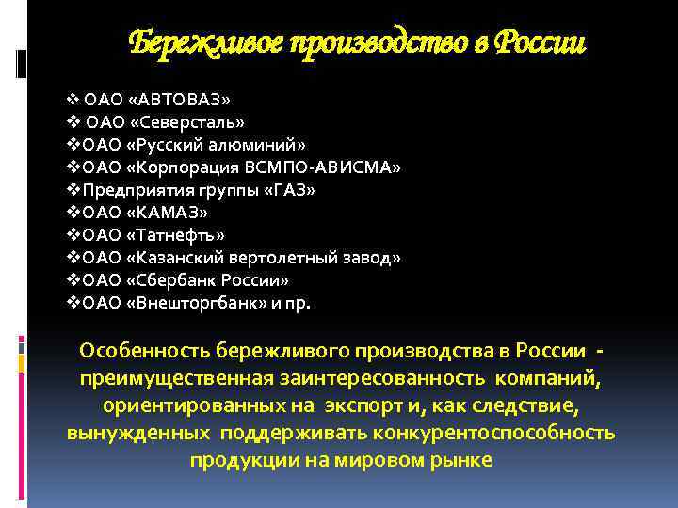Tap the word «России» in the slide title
(x=541, y=42)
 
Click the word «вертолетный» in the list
(x=302, y=258)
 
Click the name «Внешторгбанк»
(x=190, y=303)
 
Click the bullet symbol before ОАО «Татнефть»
(x=75, y=235)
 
